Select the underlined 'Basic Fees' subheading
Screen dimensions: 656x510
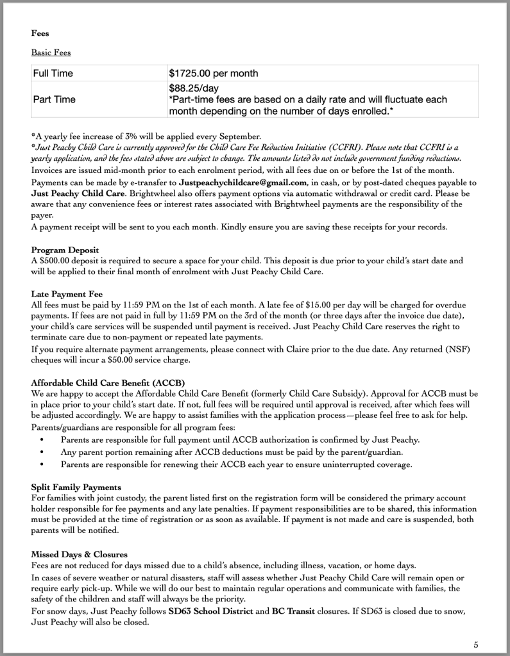(51, 53)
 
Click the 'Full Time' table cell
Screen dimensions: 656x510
(53, 73)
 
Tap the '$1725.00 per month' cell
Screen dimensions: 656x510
(214, 73)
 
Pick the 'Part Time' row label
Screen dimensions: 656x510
(54, 99)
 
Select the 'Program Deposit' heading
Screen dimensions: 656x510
(65, 249)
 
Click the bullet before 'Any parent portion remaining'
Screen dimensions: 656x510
(42, 452)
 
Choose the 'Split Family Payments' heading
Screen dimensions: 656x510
(76, 488)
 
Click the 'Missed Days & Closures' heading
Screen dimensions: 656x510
(80, 553)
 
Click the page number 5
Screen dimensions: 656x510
(475, 644)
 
